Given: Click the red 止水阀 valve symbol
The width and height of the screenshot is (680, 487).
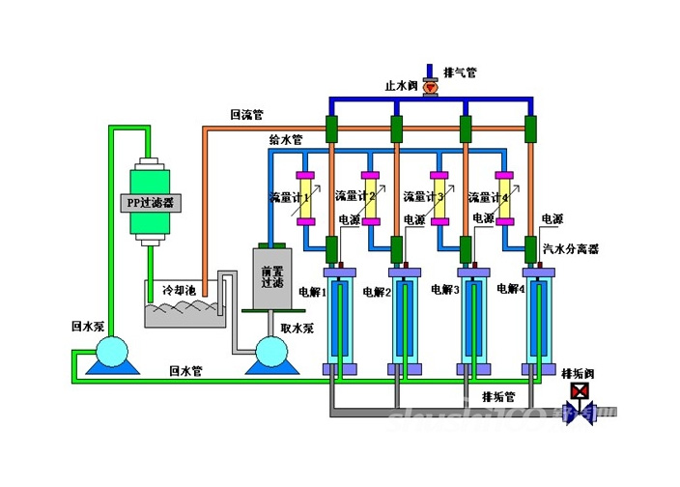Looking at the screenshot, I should click(430, 87).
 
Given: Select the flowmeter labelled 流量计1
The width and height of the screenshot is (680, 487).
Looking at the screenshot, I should click(304, 198).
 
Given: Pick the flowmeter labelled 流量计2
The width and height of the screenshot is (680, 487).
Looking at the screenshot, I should click(369, 198).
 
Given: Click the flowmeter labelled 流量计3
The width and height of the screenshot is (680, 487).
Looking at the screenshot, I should click(438, 198).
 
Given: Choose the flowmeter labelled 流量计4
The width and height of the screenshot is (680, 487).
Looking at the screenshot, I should click(502, 198).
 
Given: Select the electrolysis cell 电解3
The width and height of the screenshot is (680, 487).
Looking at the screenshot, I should click(471, 321).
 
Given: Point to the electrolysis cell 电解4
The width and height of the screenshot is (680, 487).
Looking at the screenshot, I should click(538, 321).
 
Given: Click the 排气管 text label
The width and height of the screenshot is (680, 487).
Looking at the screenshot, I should click(459, 72).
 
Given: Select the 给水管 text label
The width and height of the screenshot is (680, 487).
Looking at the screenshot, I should click(285, 141).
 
